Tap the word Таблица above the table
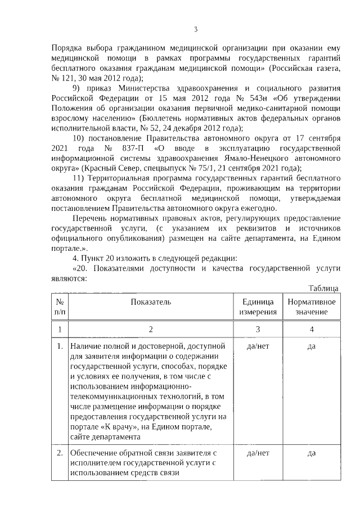tap(324, 288)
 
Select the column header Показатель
tap(151, 302)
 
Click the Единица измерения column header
tap(258, 307)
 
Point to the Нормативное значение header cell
tap(312, 307)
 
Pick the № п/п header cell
tap(60, 307)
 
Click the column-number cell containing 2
tap(151, 329)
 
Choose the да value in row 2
tap(312, 453)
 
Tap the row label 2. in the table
tap(60, 453)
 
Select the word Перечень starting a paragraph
tap(92, 219)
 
